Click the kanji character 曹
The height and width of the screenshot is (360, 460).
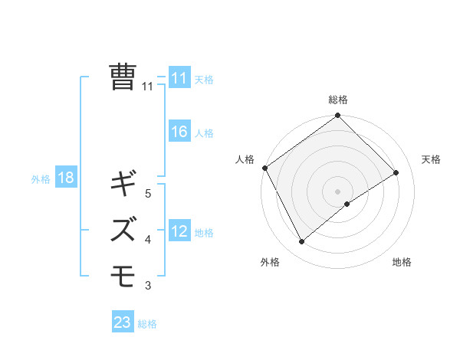(123, 77)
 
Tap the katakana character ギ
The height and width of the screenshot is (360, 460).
(123, 184)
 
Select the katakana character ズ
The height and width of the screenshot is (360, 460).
(123, 229)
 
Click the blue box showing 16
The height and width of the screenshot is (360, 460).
(179, 132)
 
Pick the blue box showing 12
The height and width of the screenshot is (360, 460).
(179, 231)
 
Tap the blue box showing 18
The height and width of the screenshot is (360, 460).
(66, 178)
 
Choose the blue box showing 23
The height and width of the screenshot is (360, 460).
(123, 322)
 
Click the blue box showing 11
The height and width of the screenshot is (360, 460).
(179, 78)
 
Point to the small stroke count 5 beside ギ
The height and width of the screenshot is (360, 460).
(148, 194)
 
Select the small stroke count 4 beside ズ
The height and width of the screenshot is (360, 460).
(148, 240)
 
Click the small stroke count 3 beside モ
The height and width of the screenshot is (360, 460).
(148, 286)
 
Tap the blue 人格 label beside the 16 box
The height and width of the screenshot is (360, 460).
(204, 133)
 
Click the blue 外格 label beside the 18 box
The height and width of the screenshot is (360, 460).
(41, 179)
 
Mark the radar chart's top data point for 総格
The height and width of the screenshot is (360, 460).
(337, 116)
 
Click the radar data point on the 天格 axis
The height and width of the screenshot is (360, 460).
(396, 172)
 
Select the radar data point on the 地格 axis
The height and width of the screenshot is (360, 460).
(347, 204)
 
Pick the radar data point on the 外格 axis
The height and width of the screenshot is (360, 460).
(301, 242)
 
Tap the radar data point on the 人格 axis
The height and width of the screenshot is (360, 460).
(264, 168)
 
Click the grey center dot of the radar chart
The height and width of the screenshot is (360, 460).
(337, 191)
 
